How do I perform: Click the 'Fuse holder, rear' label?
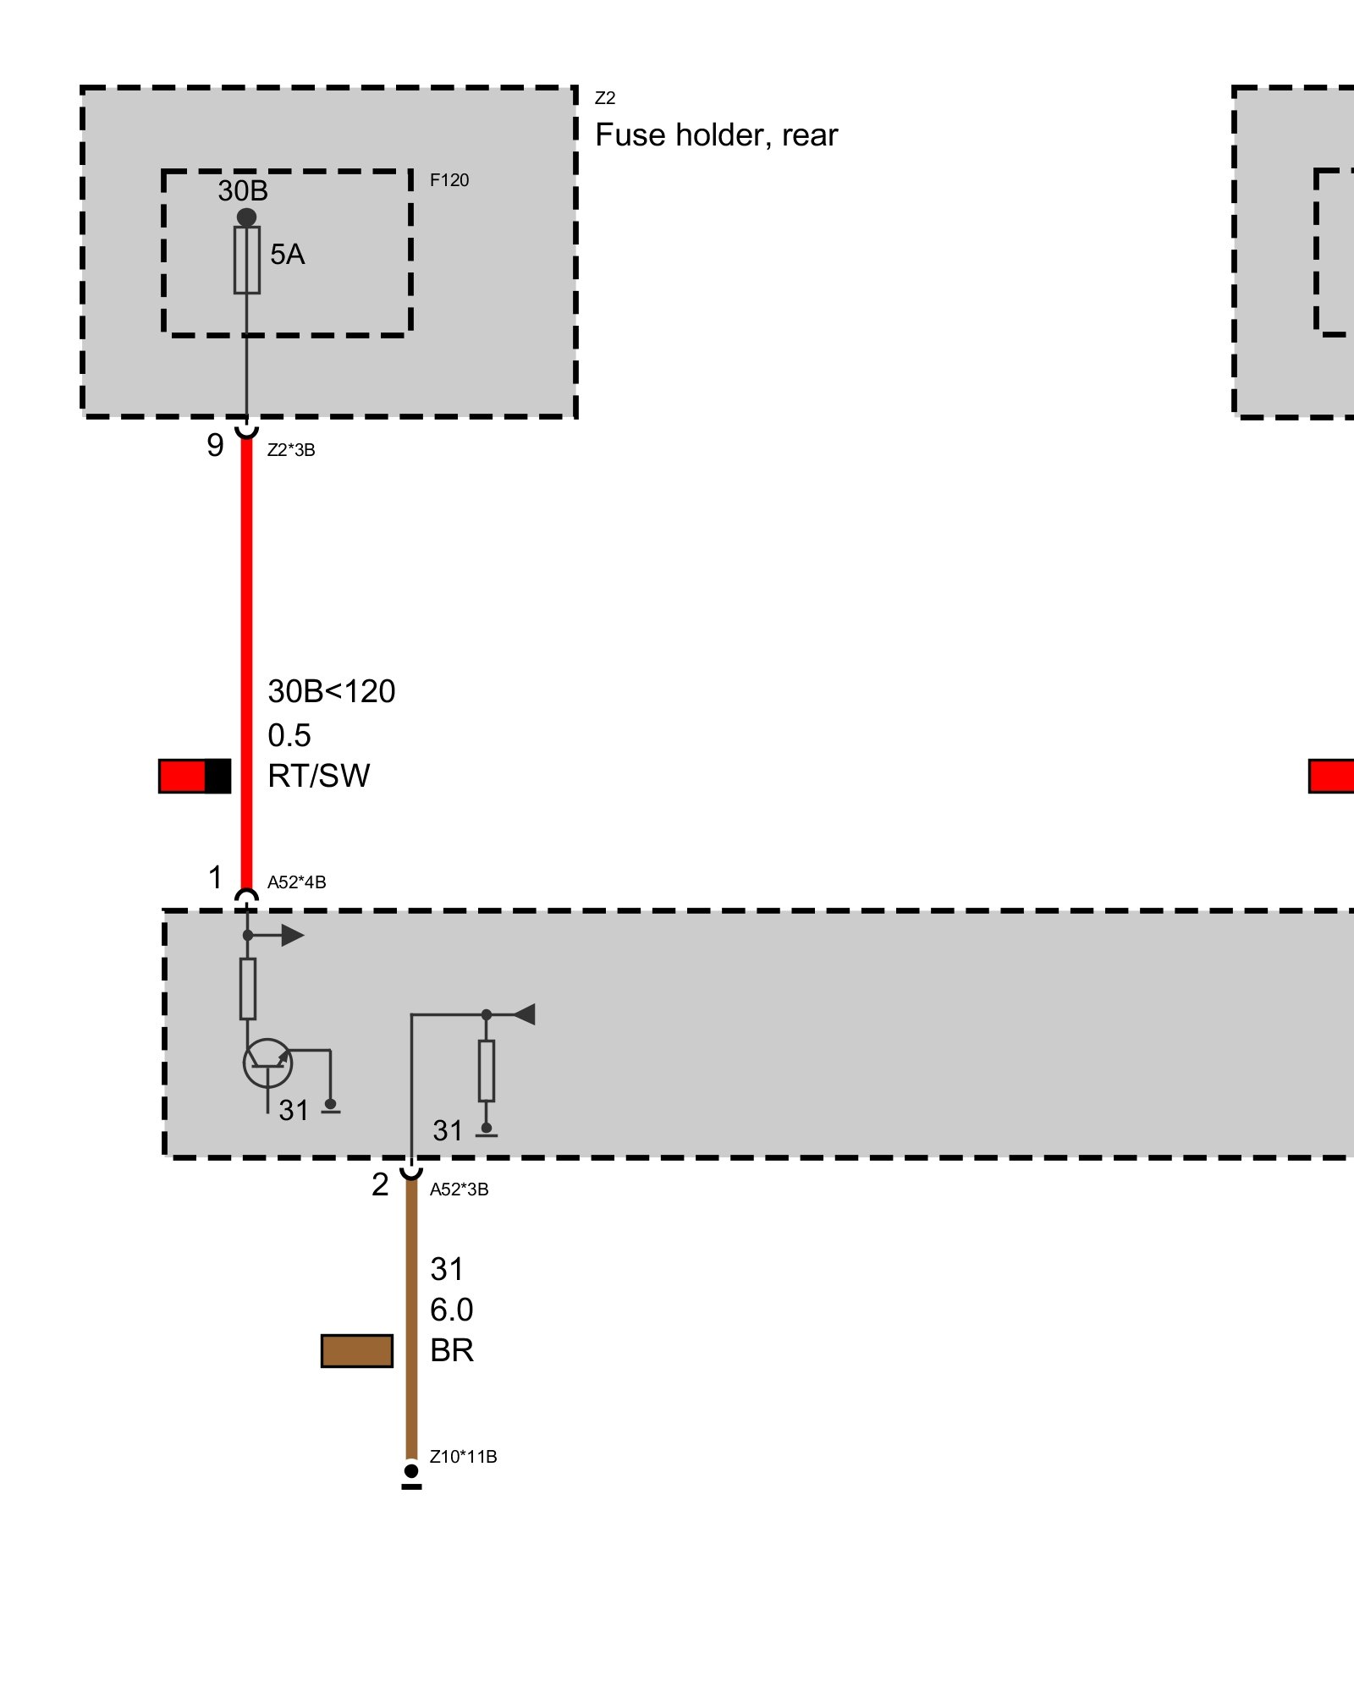point(716,135)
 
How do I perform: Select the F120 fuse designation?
point(449,180)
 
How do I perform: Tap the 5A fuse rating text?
point(287,255)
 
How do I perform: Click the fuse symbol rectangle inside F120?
point(247,260)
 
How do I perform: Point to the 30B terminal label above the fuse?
point(243,191)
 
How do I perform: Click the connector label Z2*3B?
point(291,450)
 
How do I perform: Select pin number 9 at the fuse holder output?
point(215,446)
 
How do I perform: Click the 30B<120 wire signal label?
point(331,692)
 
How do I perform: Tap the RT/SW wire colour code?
point(318,777)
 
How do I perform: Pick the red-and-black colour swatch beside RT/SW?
point(195,777)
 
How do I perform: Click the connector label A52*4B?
point(296,882)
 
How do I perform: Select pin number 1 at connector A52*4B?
point(216,878)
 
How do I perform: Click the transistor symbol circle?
point(267,1063)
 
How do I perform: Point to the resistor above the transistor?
point(248,989)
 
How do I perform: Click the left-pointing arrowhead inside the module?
point(525,1014)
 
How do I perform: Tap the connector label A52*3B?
point(459,1189)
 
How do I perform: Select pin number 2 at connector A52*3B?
point(380,1185)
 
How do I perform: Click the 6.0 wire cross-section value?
point(451,1310)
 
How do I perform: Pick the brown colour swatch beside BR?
point(357,1351)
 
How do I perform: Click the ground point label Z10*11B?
point(463,1457)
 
